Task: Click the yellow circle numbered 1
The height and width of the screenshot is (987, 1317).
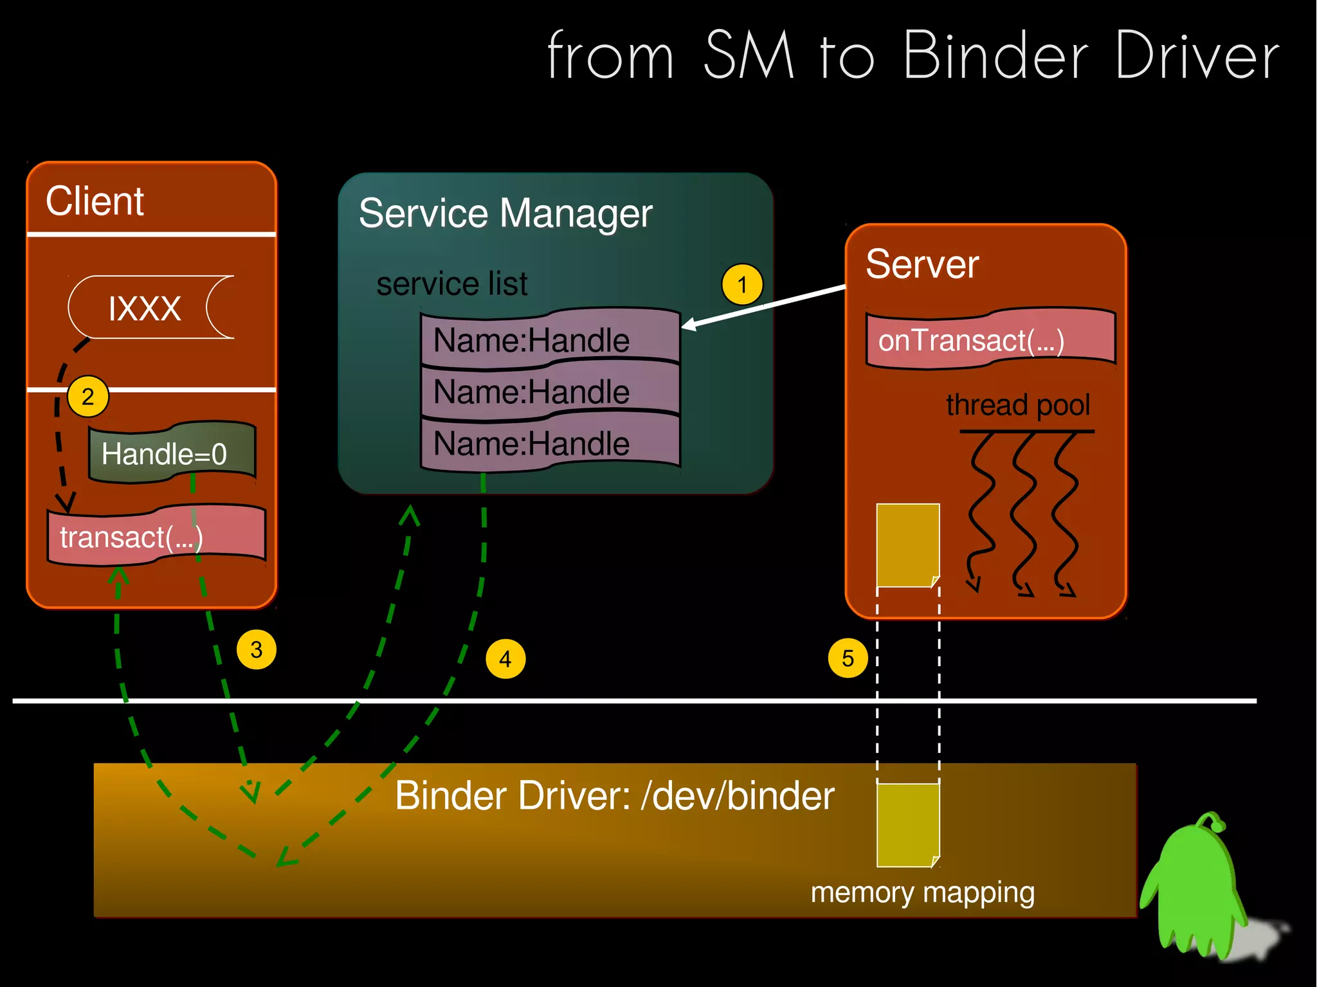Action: coord(742,284)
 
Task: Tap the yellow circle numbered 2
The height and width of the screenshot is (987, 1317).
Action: coord(88,397)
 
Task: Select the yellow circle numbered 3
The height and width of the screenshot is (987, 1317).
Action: coord(257,649)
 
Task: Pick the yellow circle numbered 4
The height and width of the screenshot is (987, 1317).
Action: coord(505,658)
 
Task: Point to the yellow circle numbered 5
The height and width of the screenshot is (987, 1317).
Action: coord(848,658)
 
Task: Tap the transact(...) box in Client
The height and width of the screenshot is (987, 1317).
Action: coord(156,537)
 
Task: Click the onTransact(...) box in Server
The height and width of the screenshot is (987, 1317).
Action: coord(990,340)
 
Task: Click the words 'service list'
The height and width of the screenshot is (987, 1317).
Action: coord(451,284)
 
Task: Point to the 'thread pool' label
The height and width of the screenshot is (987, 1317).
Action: coord(1018,406)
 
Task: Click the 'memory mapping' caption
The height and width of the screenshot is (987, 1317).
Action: coord(922,892)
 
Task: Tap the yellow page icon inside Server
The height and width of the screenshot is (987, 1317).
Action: coord(907,545)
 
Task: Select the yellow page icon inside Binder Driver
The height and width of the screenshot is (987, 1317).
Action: coord(907,824)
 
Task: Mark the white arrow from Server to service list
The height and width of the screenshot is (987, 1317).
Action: coord(765,307)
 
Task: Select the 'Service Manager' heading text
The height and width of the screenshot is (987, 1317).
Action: coord(505,213)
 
